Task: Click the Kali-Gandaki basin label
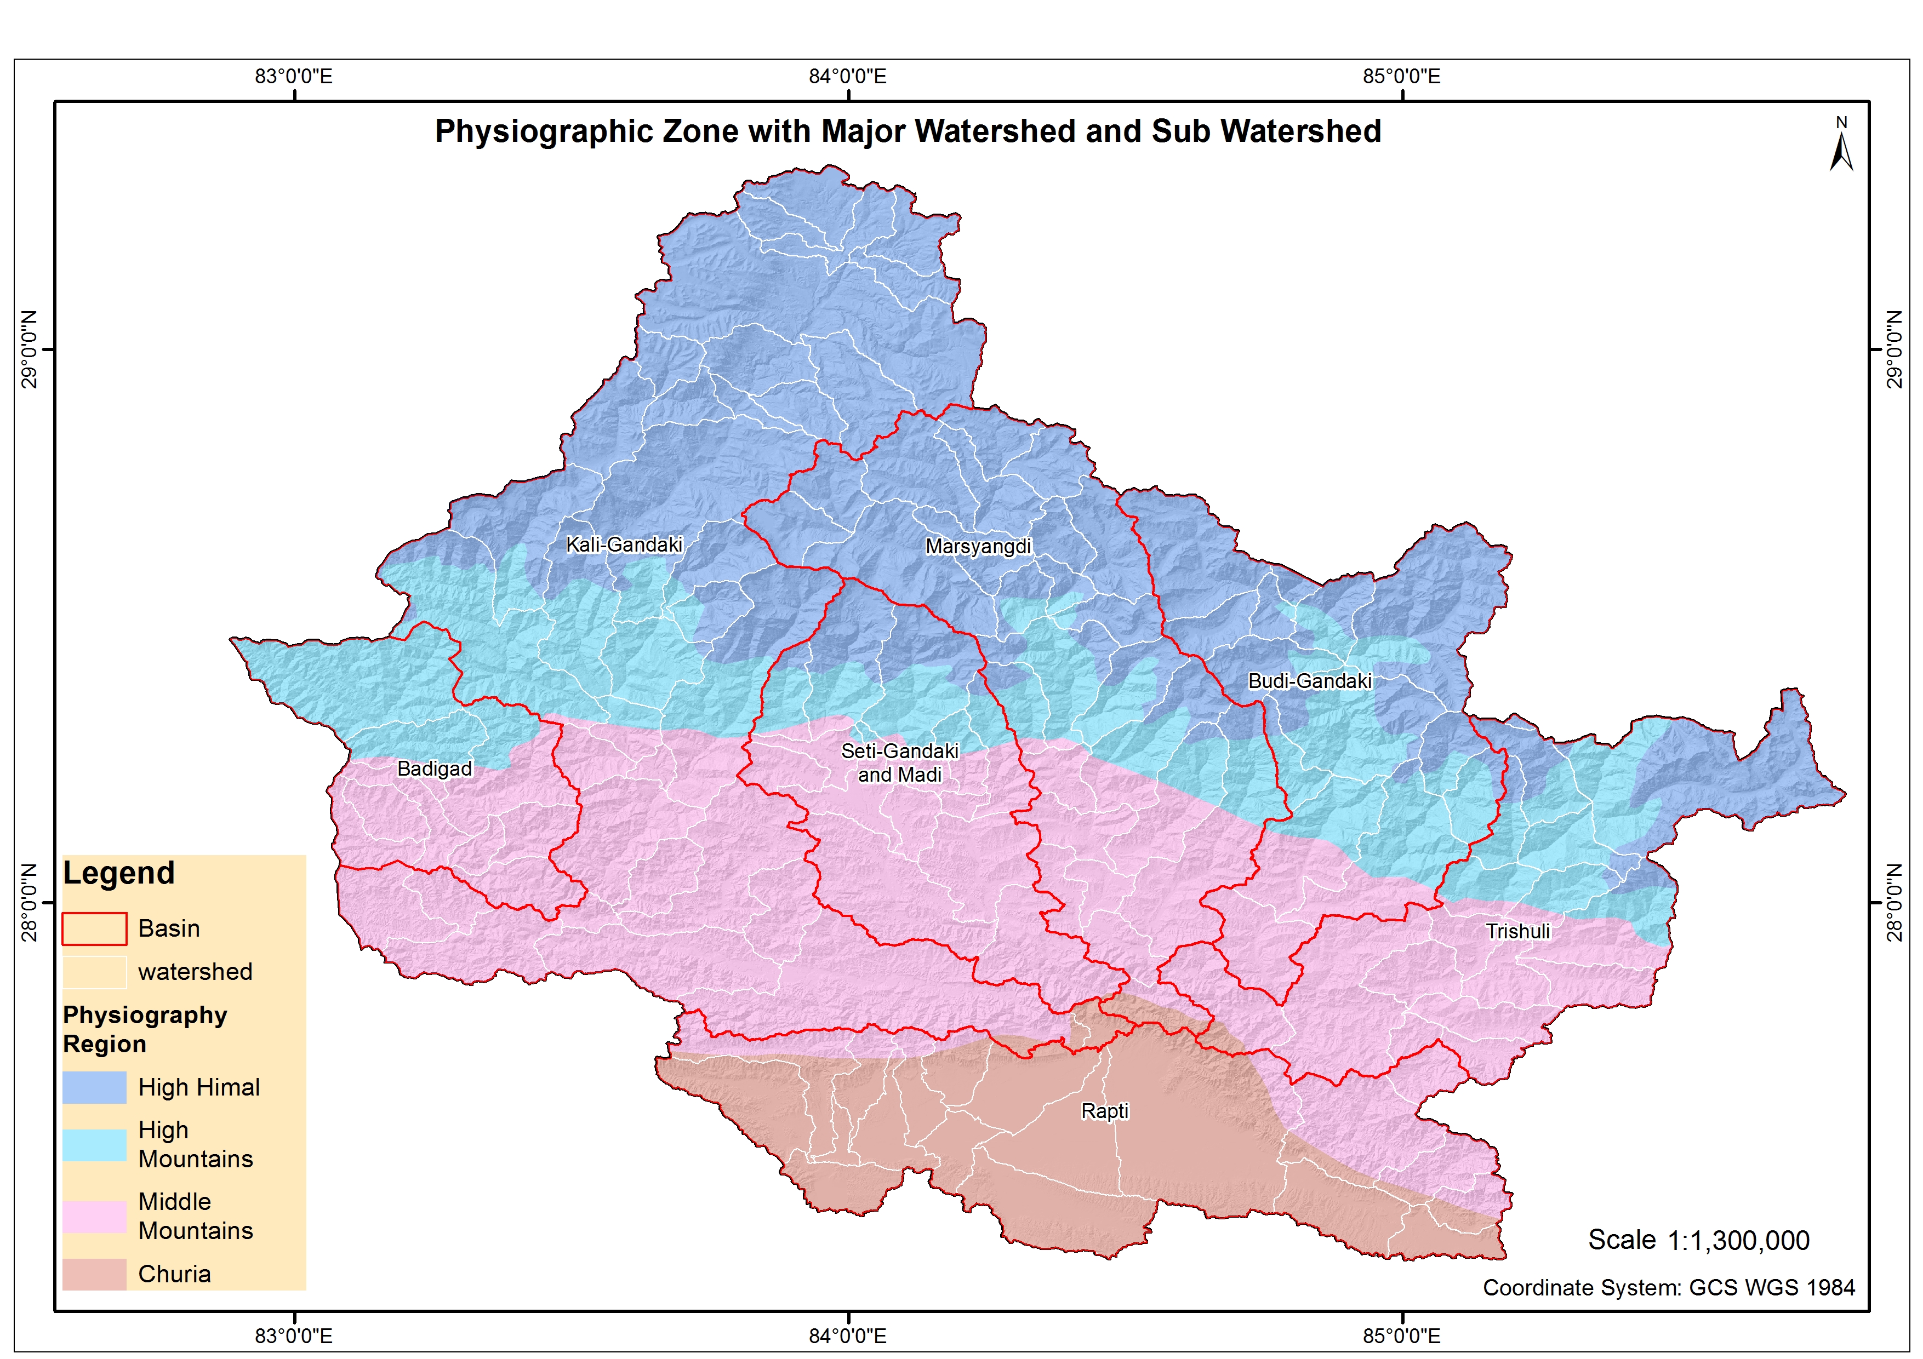point(624,545)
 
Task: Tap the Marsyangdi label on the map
point(978,547)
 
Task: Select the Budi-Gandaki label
point(1309,681)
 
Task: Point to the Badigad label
point(434,769)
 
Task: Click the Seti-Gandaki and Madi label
point(899,763)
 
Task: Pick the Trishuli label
point(1517,931)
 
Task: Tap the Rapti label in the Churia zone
point(1105,1111)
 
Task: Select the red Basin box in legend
point(95,928)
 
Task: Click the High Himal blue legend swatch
point(95,1087)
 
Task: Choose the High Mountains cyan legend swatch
point(95,1144)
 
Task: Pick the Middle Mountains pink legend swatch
point(95,1216)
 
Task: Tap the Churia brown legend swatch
point(95,1274)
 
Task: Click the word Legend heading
point(119,873)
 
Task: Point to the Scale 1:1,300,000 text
point(1698,1240)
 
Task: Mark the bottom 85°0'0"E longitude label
point(1401,1335)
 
